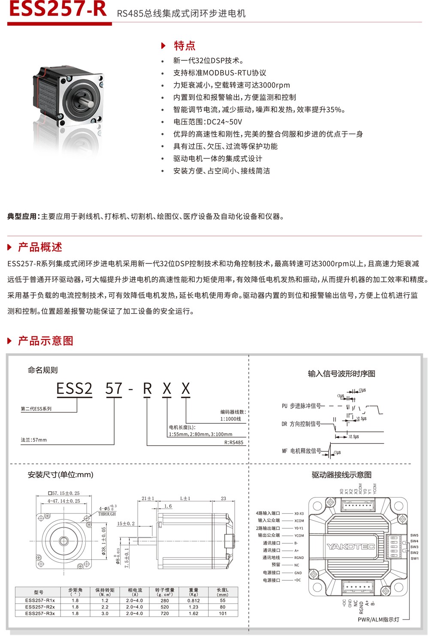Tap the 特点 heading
click(184, 46)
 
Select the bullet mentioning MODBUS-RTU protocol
click(220, 73)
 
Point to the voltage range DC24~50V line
click(208, 122)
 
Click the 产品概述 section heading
click(40, 247)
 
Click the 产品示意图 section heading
click(45, 341)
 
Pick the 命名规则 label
click(42, 370)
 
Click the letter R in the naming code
click(147, 389)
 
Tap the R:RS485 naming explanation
click(234, 443)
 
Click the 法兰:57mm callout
click(34, 440)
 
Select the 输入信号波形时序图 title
click(341, 374)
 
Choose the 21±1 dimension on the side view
click(148, 498)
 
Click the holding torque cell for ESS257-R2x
click(105, 607)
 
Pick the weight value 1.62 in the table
click(193, 613)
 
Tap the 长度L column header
click(223, 592)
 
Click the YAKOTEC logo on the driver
click(351, 547)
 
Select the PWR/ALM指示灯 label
click(378, 620)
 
